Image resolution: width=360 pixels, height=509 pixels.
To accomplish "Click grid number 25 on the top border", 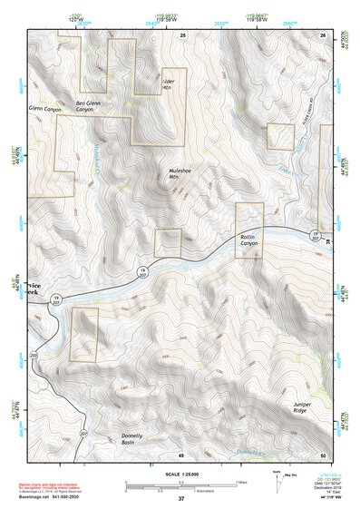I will point(182,34).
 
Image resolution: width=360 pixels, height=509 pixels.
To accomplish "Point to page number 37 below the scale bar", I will point(180,498).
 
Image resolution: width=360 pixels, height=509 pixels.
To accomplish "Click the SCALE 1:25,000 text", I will point(180,474).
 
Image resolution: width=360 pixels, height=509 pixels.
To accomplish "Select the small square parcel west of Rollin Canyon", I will point(169,242).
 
